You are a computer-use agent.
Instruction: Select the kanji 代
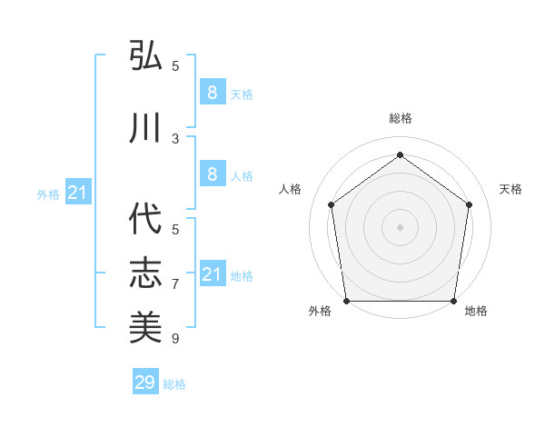[145, 219]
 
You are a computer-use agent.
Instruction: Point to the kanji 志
[145, 272]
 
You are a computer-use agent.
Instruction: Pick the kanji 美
[145, 326]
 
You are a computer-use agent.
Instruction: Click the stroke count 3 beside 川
[175, 139]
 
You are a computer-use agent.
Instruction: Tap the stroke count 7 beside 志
[175, 284]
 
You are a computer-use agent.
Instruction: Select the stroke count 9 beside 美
[175, 339]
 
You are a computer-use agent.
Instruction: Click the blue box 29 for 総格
[145, 382]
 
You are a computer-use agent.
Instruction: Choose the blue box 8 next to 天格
[212, 92]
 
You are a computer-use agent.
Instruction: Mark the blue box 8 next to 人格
[212, 174]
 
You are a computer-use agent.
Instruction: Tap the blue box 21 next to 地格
[212, 274]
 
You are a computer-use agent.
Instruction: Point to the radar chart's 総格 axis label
[400, 119]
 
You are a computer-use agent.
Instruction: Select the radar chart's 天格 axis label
[510, 189]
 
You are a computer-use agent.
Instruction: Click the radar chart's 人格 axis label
[290, 189]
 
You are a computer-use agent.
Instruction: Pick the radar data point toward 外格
[346, 301]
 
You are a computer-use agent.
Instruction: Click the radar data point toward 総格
[400, 155]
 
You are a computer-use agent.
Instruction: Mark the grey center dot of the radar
[400, 226]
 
